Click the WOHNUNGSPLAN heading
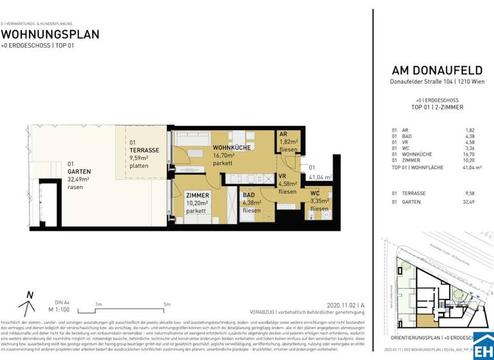[50, 34]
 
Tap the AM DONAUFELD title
[432, 71]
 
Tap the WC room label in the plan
[315, 192]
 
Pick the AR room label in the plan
[283, 134]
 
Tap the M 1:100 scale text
[59, 309]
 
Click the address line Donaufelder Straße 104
[432, 82]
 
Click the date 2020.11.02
[340, 305]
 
